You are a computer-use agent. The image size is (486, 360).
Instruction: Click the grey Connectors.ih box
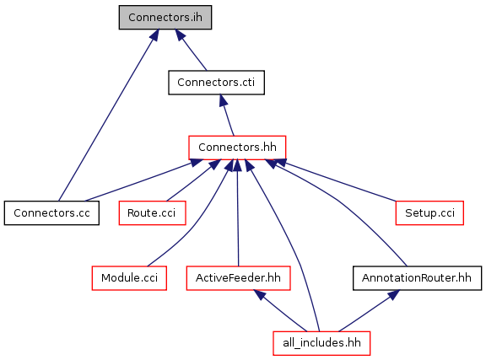(165, 18)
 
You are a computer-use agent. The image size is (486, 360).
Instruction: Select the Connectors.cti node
(216, 83)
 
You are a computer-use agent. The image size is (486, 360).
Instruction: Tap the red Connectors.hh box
(237, 148)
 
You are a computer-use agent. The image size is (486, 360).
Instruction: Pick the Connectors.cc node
(51, 212)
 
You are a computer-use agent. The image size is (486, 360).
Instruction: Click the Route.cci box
(152, 212)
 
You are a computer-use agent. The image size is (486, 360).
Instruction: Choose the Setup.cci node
(429, 212)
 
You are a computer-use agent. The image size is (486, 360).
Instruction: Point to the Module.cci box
(129, 278)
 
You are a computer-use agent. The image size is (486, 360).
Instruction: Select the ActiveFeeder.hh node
(238, 278)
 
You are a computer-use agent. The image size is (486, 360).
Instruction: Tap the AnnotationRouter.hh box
(417, 278)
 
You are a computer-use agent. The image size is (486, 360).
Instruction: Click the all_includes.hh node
(321, 343)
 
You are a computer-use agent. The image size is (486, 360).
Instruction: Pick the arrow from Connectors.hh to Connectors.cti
(227, 116)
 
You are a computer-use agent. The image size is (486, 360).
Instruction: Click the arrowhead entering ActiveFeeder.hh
(260, 294)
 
